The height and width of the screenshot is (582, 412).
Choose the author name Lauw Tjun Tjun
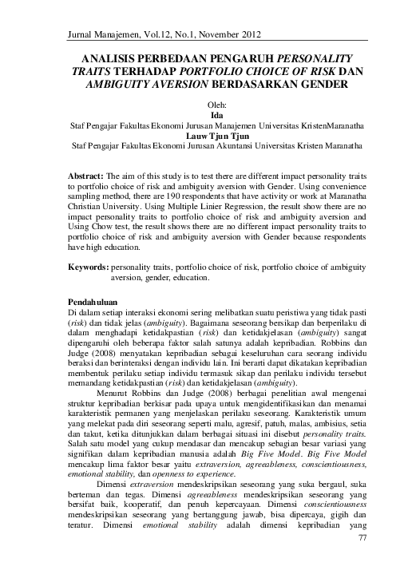[x=206, y=135]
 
